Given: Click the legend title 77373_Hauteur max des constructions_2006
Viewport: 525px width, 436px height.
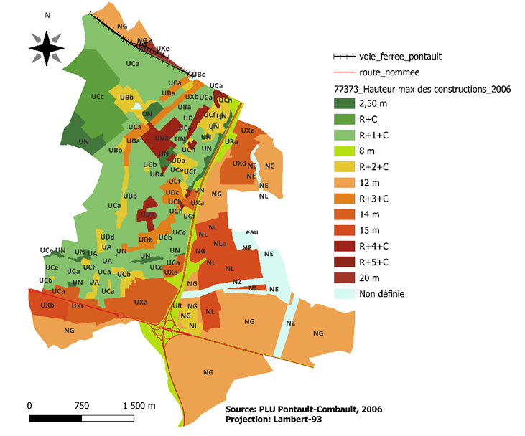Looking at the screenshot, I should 423,89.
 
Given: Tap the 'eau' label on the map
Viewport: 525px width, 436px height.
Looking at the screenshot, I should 251,232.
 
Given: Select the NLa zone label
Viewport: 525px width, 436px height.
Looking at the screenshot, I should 220,244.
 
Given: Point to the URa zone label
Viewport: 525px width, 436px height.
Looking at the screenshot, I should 231,142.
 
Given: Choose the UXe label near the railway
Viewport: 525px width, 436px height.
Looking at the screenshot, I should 163,49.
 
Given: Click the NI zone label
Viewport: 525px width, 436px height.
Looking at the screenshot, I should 192,326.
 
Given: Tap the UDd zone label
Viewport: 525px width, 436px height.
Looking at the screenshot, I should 108,237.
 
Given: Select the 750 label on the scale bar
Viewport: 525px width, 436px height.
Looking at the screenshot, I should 81,405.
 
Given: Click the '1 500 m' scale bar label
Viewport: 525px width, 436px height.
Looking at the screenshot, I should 139,405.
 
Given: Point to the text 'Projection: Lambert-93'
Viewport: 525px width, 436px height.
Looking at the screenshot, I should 273,420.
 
